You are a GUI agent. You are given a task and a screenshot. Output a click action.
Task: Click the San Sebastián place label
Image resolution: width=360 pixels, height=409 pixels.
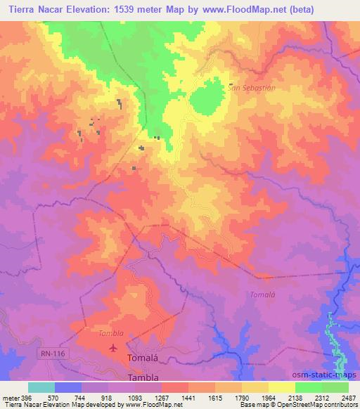250,88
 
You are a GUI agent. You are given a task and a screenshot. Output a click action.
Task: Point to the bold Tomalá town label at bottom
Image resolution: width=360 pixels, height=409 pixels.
139,358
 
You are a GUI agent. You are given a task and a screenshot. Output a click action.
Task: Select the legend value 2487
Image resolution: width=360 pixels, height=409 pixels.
348,397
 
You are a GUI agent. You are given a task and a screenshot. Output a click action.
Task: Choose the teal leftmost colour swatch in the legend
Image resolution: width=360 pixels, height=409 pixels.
41,387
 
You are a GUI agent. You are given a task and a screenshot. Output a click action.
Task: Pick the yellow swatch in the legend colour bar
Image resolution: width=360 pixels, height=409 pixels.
282,387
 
